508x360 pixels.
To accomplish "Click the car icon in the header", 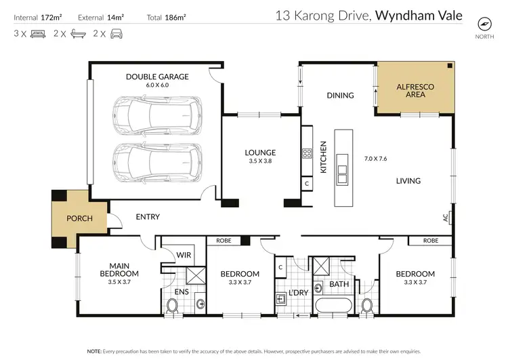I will [x=117, y=33].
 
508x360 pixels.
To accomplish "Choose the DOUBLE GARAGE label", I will [x=157, y=77].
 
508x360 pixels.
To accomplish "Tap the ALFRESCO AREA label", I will [x=415, y=90].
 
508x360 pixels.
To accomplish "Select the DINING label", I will [x=340, y=96].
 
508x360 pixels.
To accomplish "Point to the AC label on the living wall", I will [x=445, y=218].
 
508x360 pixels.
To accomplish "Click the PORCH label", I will [x=79, y=218].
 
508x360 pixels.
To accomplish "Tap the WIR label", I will [x=182, y=255].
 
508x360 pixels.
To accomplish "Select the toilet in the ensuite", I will [x=172, y=306].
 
